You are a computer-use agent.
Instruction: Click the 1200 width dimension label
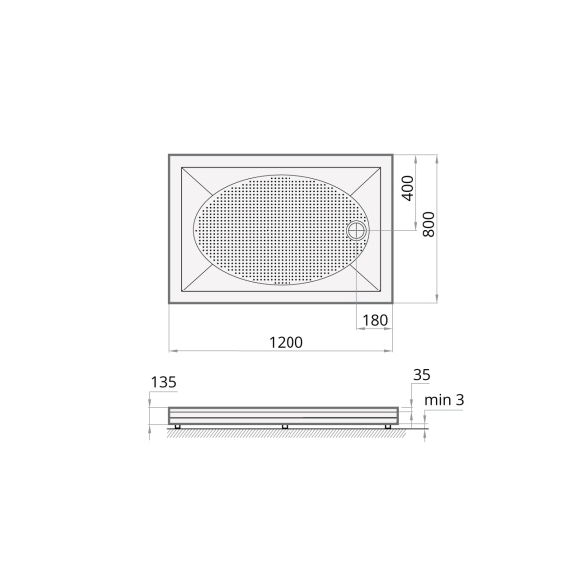click(286, 342)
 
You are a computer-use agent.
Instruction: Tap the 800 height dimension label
click(429, 224)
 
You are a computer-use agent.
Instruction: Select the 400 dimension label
click(407, 189)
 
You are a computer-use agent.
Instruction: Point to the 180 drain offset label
click(375, 320)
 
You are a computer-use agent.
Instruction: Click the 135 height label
click(164, 382)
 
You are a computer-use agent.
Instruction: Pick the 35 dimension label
click(421, 375)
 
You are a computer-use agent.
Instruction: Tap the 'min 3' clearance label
click(444, 400)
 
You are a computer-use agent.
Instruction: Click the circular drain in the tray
click(356, 230)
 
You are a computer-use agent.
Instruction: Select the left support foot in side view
click(177, 426)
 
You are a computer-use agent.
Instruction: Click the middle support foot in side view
click(285, 426)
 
